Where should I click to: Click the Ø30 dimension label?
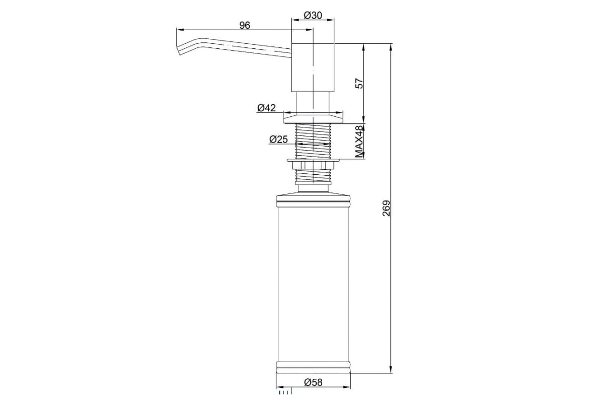tap(313, 16)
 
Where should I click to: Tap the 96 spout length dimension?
tap(245, 25)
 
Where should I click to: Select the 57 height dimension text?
tap(359, 84)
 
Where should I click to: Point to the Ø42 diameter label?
tap(267, 108)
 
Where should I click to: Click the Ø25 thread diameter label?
tap(278, 140)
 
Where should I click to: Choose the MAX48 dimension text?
tap(359, 142)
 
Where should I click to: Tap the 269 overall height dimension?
tap(387, 208)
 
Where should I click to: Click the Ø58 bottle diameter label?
tap(313, 382)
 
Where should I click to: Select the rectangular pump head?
tap(313, 68)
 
